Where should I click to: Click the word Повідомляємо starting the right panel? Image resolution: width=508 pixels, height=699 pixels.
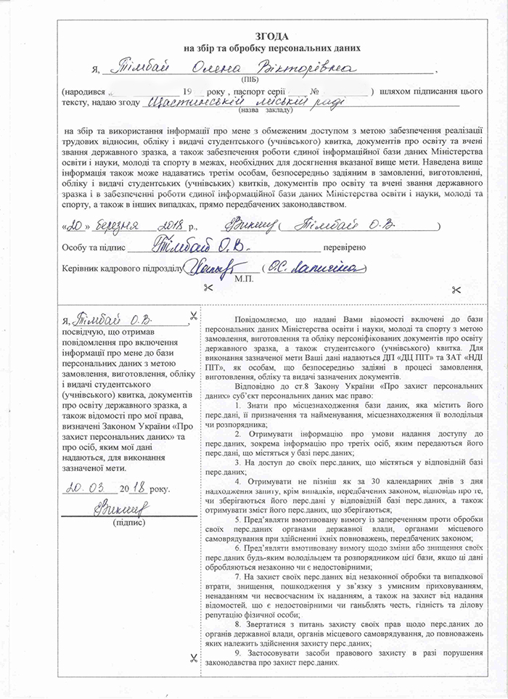[262, 320]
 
